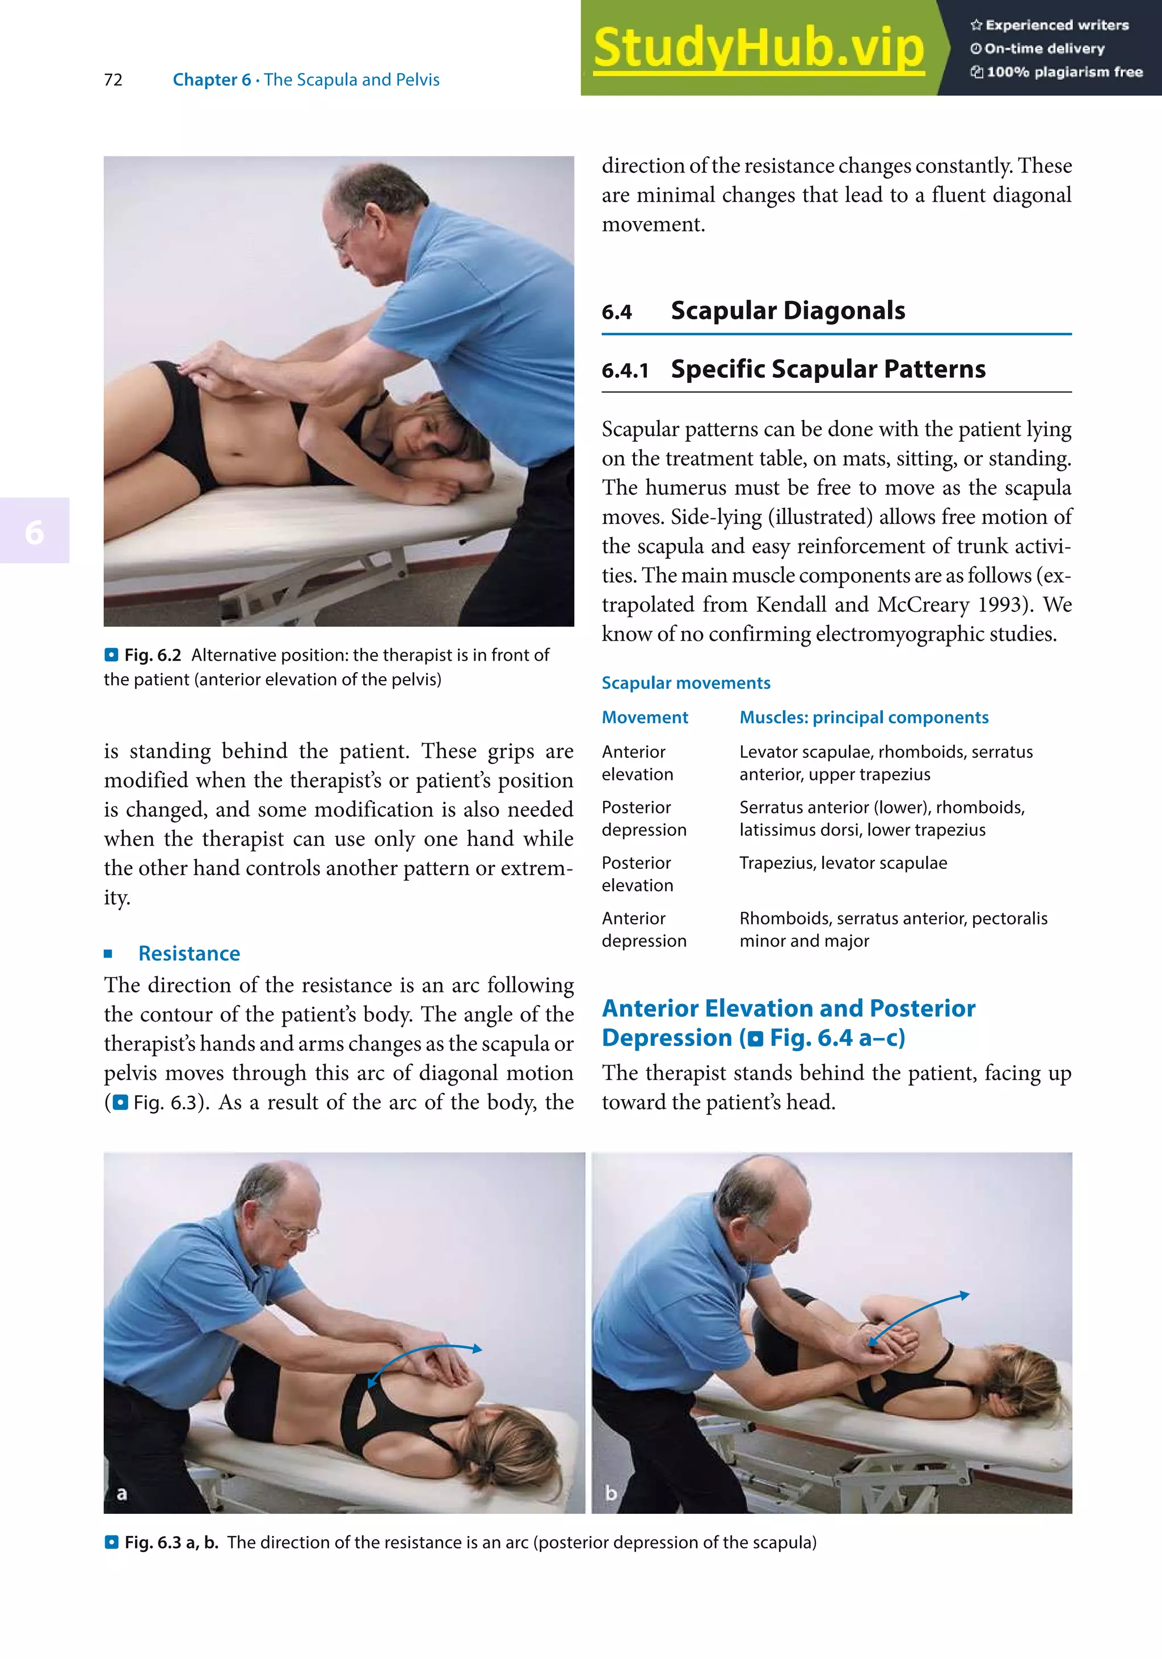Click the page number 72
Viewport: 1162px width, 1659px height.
tap(113, 79)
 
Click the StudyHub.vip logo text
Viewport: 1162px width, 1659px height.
tap(758, 48)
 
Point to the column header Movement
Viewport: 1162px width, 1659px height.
tap(645, 717)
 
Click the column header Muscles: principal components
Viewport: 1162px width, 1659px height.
tap(864, 717)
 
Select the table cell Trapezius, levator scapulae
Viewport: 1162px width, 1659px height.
tap(843, 863)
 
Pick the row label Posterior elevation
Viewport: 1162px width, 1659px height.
tap(637, 873)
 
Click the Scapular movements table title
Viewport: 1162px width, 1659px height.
tap(686, 683)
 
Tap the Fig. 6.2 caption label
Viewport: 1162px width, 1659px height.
tap(151, 655)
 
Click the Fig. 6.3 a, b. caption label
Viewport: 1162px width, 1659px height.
tap(171, 1542)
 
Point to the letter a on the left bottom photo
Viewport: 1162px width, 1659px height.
tap(122, 1493)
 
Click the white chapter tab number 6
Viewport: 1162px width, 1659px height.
tap(34, 533)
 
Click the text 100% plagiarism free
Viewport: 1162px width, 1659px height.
tap(1064, 72)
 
